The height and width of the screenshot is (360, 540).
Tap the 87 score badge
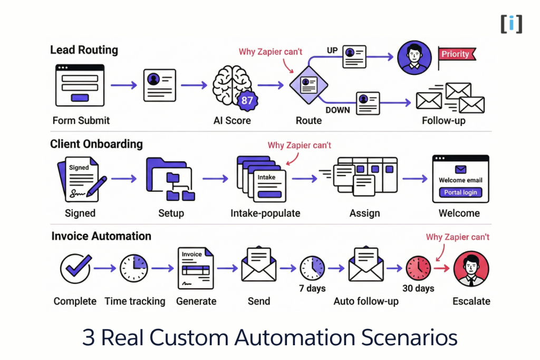pos(246,100)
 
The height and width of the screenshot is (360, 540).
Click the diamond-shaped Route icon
pos(308,85)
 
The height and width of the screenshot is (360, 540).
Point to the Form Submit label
pos(81,120)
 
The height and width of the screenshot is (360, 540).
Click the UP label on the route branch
pos(332,51)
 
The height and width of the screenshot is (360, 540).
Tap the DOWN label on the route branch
pos(337,110)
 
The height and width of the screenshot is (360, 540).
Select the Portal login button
pos(460,192)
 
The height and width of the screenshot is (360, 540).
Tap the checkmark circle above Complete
pos(75,268)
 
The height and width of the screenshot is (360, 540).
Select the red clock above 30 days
pos(418,268)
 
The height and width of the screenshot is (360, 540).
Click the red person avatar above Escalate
pos(471,268)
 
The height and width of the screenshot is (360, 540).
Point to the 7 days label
pos(313,288)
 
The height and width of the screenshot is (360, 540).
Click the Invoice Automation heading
pos(101,236)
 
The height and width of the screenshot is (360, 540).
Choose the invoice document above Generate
pos(195,268)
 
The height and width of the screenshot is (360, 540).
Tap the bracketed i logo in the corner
pos(512,24)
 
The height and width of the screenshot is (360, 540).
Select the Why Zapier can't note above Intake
pos(300,145)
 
